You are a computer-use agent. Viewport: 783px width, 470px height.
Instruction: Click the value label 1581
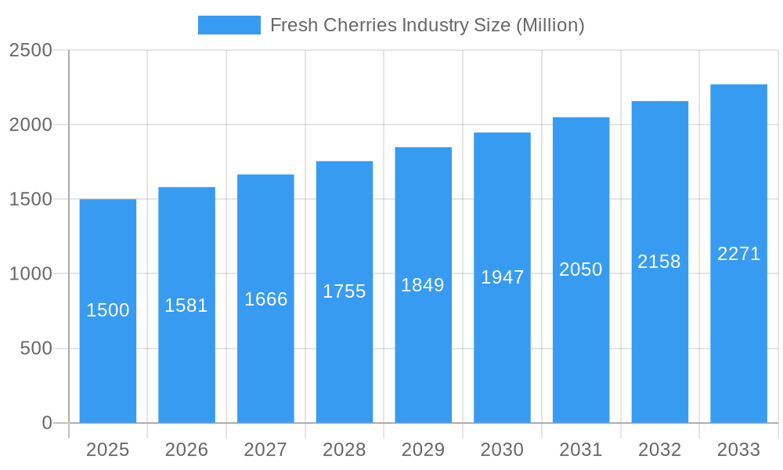[x=186, y=305]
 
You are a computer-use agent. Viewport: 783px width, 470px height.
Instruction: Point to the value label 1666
[x=265, y=299]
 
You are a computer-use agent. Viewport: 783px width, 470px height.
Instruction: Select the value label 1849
[x=423, y=285]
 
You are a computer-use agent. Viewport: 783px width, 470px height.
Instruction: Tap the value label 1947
[x=502, y=277]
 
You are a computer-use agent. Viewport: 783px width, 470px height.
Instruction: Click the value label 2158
[x=659, y=262]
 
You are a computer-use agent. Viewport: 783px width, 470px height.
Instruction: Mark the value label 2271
[x=738, y=254]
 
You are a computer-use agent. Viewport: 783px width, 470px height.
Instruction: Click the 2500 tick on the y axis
[x=31, y=50]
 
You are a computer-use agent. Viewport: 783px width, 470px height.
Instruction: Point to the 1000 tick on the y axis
[x=31, y=274]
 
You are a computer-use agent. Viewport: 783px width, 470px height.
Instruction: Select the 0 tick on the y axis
[x=46, y=423]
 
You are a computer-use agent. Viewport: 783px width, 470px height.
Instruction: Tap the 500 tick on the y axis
[x=35, y=349]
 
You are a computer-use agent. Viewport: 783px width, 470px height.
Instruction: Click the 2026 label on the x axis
[x=186, y=450]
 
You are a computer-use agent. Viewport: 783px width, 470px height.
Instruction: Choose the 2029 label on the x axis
[x=423, y=450]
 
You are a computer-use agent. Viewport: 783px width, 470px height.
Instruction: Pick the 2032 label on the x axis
[x=659, y=450]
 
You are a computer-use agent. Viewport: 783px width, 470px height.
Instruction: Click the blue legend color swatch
[x=229, y=25]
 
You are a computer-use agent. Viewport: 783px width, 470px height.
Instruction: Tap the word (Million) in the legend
[x=550, y=25]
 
